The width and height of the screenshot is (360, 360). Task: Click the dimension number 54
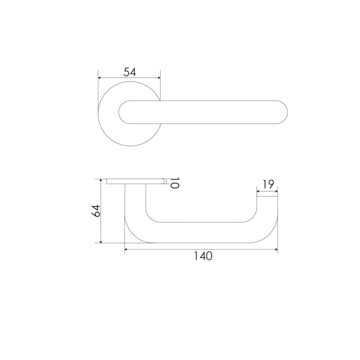(x=129, y=72)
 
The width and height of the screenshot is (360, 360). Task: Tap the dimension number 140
(x=203, y=256)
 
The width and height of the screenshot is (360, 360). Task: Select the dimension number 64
(x=95, y=211)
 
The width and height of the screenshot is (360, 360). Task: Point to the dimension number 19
(x=268, y=184)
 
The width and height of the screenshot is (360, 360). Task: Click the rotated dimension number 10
(x=174, y=183)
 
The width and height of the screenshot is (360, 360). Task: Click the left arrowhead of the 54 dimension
(x=99, y=78)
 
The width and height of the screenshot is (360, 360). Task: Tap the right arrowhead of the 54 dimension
(x=158, y=78)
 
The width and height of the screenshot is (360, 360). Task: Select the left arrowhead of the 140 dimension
(x=126, y=249)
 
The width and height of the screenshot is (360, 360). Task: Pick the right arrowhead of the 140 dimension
(x=276, y=249)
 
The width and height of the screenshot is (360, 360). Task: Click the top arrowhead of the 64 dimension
(x=100, y=180)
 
